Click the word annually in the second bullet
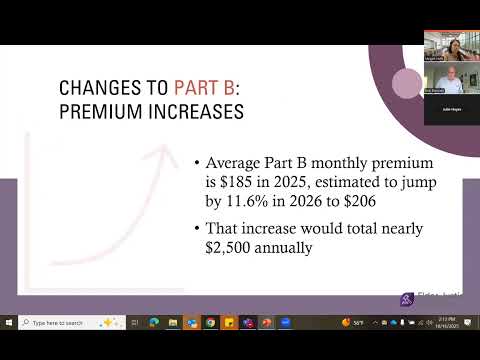(x=287, y=246)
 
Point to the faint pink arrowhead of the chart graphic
(x=155, y=153)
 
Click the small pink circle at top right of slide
(x=407, y=84)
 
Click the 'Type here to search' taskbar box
(x=65, y=322)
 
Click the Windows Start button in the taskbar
(x=9, y=322)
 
